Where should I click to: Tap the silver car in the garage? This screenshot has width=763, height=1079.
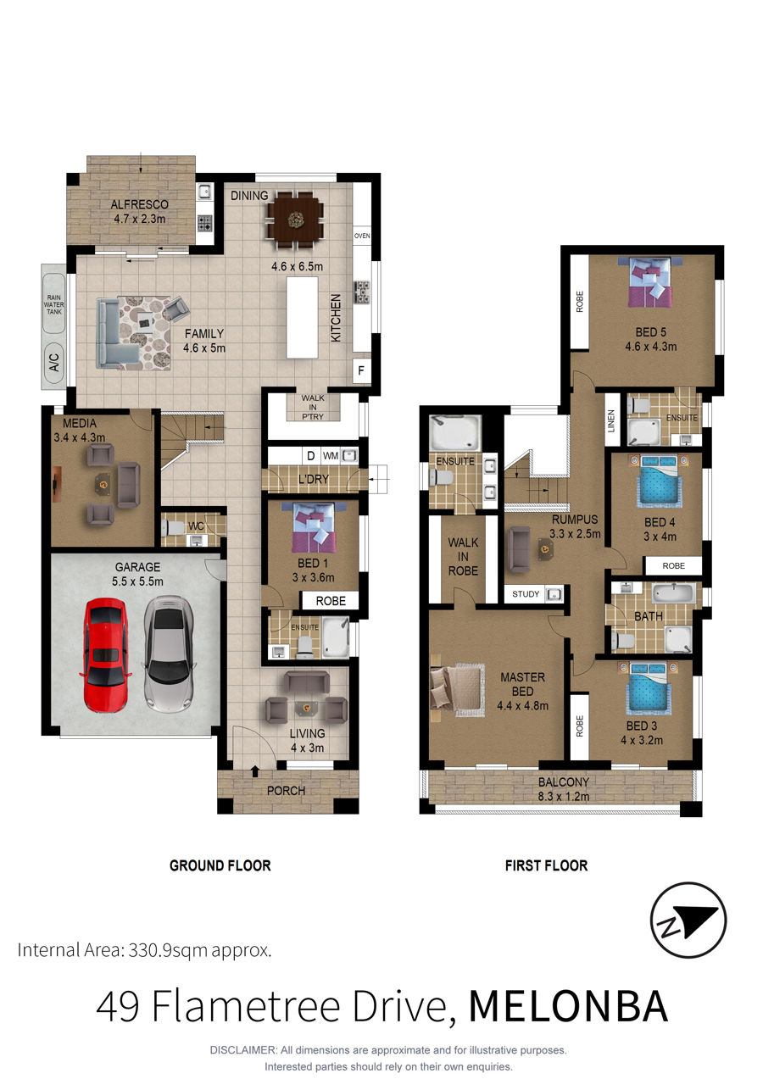click(169, 654)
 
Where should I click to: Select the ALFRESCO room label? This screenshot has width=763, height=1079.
click(140, 204)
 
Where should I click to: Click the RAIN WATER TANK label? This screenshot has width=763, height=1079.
click(54, 304)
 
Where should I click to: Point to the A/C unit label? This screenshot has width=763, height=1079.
click(54, 362)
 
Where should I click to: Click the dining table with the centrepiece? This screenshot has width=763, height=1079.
click(295, 220)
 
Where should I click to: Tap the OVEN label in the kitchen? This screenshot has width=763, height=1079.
click(362, 236)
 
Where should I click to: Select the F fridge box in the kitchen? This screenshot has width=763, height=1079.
click(361, 370)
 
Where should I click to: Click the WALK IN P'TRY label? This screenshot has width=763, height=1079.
click(313, 407)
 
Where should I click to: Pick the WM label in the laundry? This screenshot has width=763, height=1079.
click(331, 456)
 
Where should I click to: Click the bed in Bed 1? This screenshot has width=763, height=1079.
click(314, 527)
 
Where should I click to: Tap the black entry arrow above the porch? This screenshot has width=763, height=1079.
click(255, 771)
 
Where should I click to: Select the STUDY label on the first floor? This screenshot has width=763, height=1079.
click(526, 594)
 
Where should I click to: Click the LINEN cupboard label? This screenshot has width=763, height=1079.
click(611, 420)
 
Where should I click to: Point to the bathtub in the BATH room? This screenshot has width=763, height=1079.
click(674, 593)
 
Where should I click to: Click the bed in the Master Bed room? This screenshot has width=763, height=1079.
click(458, 689)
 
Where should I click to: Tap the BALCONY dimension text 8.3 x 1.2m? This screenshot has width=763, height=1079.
click(564, 796)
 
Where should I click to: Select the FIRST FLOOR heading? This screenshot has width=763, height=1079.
click(546, 865)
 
